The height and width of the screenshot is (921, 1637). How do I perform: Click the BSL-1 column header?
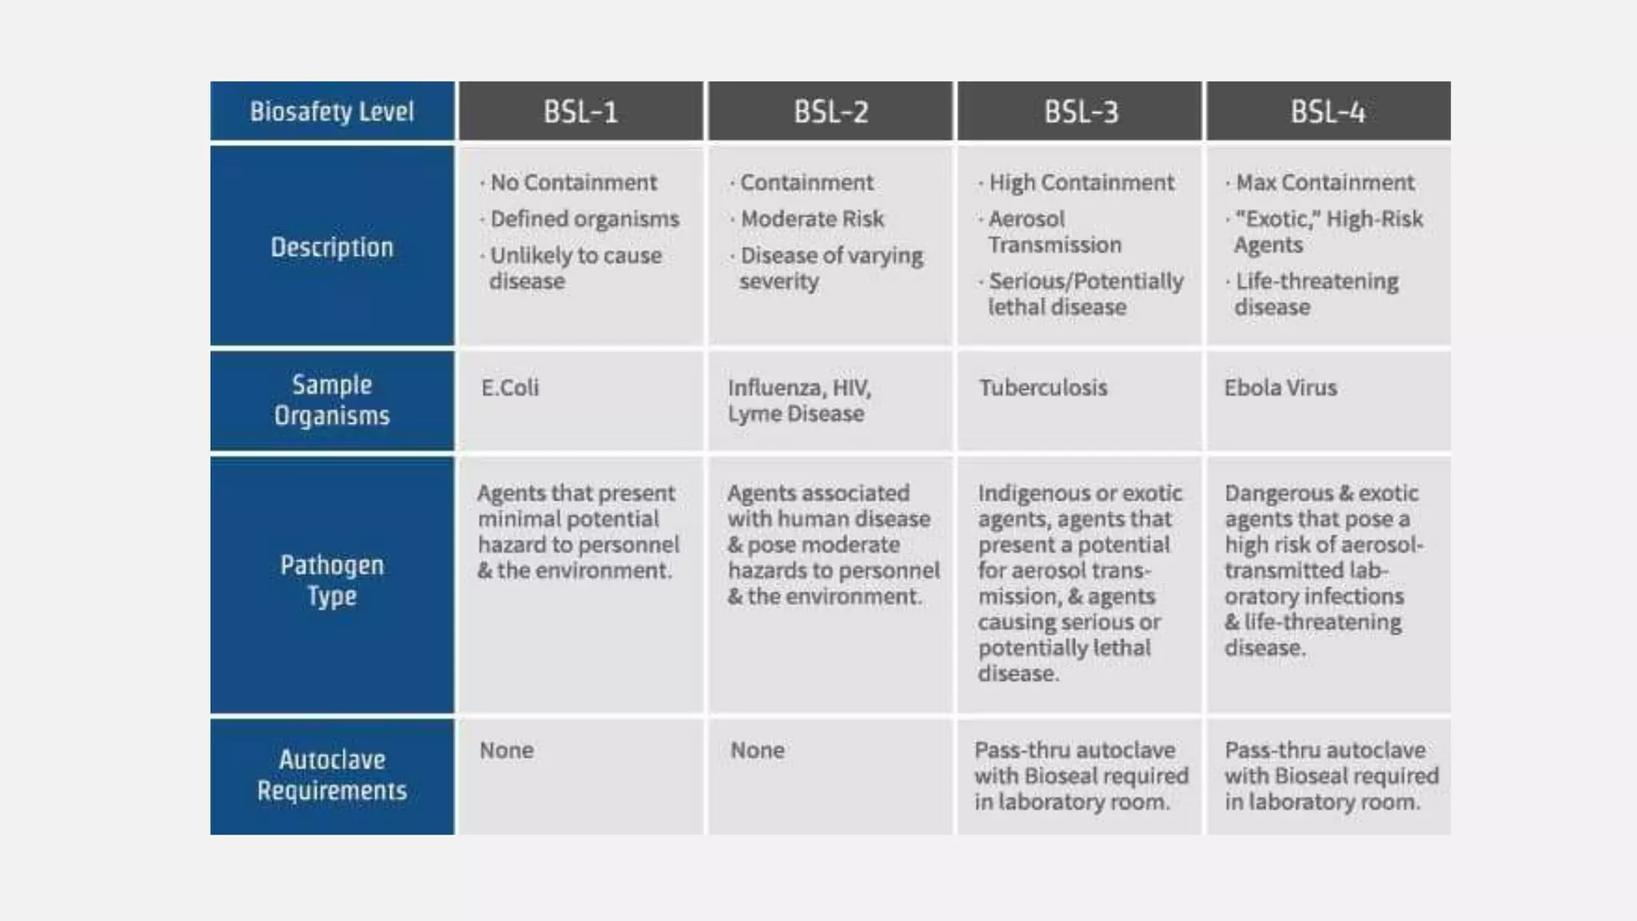(580, 112)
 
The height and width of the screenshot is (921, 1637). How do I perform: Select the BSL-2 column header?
(830, 112)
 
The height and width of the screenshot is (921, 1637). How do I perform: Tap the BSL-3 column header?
(1081, 112)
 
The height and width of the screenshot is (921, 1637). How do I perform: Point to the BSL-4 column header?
(1328, 112)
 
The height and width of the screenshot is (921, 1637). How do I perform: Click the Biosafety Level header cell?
(332, 112)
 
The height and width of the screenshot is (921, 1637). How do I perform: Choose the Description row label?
(332, 247)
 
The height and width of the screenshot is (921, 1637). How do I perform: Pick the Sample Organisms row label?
(332, 400)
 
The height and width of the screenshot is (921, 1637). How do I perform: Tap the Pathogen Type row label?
(332, 580)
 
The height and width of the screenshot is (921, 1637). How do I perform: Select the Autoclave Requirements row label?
(332, 775)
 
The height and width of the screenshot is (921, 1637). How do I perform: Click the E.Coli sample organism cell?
(510, 388)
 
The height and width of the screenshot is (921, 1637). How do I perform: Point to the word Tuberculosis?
(1043, 388)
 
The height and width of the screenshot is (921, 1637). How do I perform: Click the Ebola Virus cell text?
(1281, 388)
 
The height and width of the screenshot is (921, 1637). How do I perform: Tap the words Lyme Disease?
(795, 414)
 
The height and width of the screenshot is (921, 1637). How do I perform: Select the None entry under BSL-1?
(507, 750)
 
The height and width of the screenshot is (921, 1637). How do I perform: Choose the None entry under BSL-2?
(757, 750)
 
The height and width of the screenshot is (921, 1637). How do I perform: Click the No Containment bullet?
(573, 182)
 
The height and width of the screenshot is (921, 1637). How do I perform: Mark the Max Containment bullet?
(1324, 182)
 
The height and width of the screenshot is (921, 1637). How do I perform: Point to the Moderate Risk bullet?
(811, 219)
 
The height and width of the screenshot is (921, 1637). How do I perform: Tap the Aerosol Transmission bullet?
(1053, 232)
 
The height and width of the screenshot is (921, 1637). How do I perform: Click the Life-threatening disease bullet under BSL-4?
(1316, 294)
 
